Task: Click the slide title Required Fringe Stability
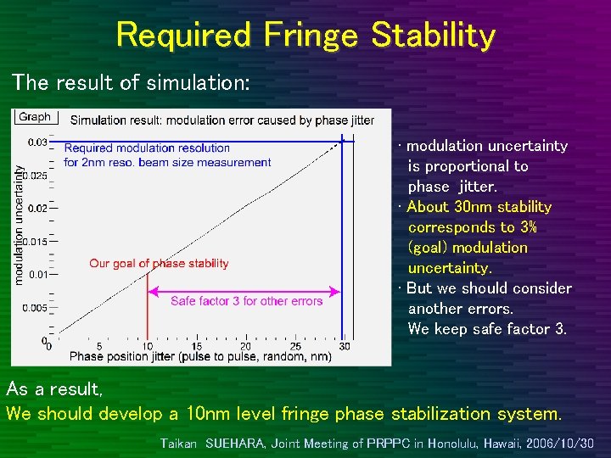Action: [305, 36]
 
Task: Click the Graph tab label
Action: [35, 117]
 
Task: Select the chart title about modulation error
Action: [221, 120]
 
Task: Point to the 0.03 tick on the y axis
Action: [36, 142]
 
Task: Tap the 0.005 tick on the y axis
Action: [33, 308]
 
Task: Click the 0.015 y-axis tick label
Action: [33, 242]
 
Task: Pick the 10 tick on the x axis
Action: [148, 347]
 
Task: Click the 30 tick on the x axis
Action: [344, 347]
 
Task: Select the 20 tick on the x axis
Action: [245, 347]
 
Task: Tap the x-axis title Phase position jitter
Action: [200, 357]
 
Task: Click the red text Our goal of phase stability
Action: [159, 264]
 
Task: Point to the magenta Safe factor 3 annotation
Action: [246, 301]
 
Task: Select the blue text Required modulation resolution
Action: [147, 148]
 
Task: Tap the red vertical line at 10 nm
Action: [148, 305]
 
